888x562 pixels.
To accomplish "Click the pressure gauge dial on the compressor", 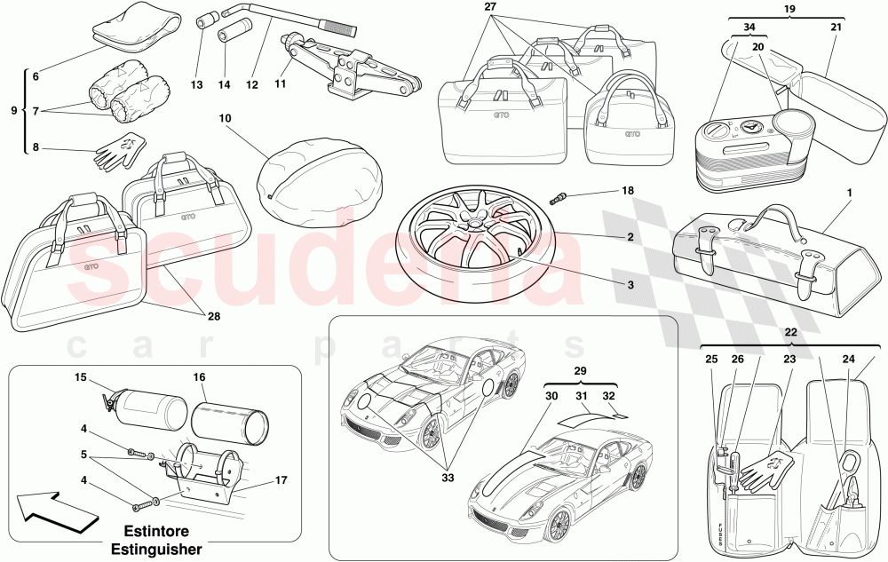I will (753, 127).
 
